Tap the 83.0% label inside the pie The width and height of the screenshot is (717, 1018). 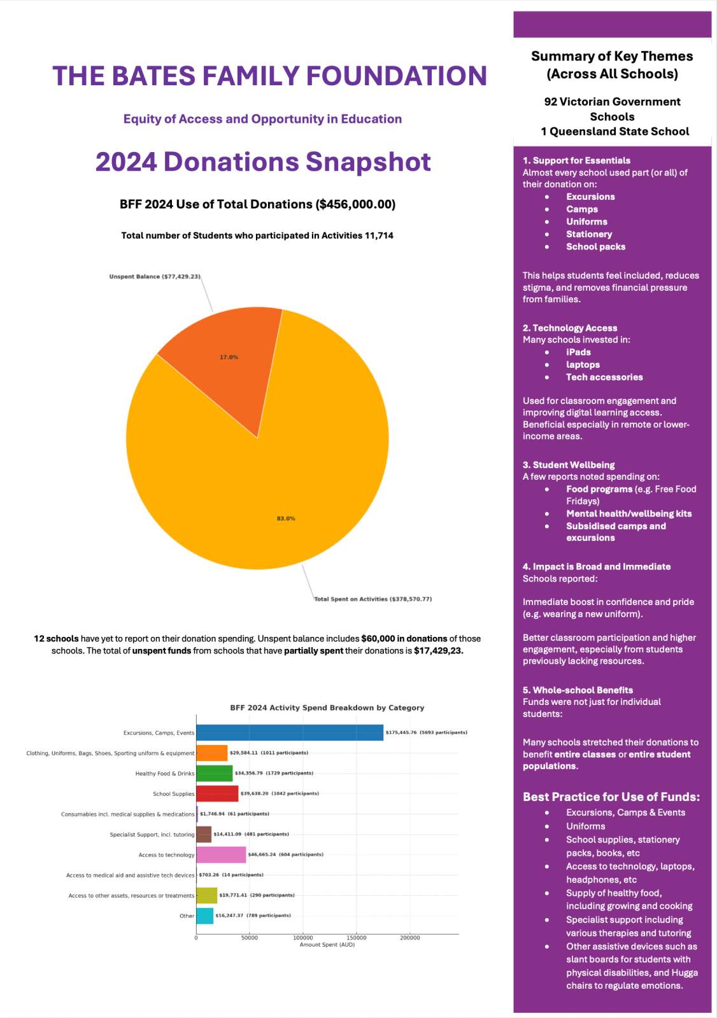point(286,519)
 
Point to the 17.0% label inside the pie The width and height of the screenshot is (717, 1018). point(229,357)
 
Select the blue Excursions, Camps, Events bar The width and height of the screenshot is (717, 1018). point(290,732)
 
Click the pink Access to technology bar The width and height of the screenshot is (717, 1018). point(221,854)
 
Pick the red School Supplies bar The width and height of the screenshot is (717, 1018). point(217,793)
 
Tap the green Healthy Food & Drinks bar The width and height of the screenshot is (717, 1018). point(214,773)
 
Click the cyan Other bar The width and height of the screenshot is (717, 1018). point(204,916)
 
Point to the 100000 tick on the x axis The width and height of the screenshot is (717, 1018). point(303,938)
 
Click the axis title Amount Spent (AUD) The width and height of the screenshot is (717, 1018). point(327,945)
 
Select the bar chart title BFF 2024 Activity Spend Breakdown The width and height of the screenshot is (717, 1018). point(327,708)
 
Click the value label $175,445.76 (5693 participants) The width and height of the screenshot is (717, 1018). point(426,732)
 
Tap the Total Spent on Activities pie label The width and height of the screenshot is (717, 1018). point(373,599)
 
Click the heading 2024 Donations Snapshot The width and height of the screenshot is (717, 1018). point(263,162)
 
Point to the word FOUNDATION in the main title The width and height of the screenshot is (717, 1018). point(397,76)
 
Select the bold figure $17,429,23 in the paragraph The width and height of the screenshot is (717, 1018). point(438,651)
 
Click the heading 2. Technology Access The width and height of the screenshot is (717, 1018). point(570,328)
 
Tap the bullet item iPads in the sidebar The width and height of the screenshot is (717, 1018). point(578,352)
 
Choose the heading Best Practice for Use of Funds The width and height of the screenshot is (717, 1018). point(611,797)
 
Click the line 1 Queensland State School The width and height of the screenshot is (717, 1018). point(614,132)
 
